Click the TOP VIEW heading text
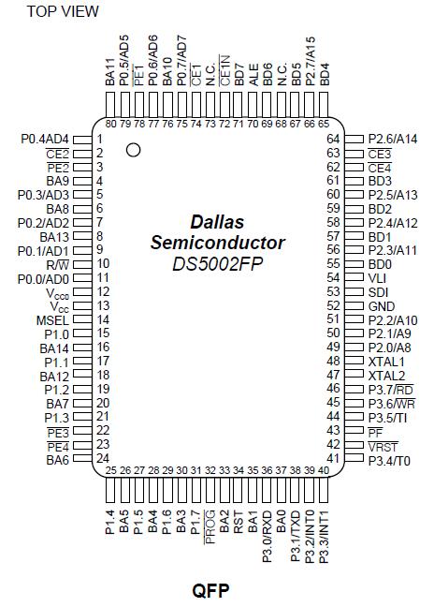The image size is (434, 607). coord(63,11)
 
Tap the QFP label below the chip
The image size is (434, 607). coord(210,591)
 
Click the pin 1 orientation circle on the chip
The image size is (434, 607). coord(134,149)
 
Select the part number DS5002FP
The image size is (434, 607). coord(217,265)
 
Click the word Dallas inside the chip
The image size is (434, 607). coord(217,222)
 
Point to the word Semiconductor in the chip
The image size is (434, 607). coord(217,244)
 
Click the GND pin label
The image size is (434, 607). coord(381,305)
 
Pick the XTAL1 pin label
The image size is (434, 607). coord(386,361)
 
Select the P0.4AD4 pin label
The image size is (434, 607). coord(46,139)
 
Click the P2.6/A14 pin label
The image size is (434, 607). coord(393,139)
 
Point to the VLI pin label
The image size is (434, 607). coord(377,277)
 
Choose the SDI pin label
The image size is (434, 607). coord(378,291)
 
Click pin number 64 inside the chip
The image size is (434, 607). coord(332,139)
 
